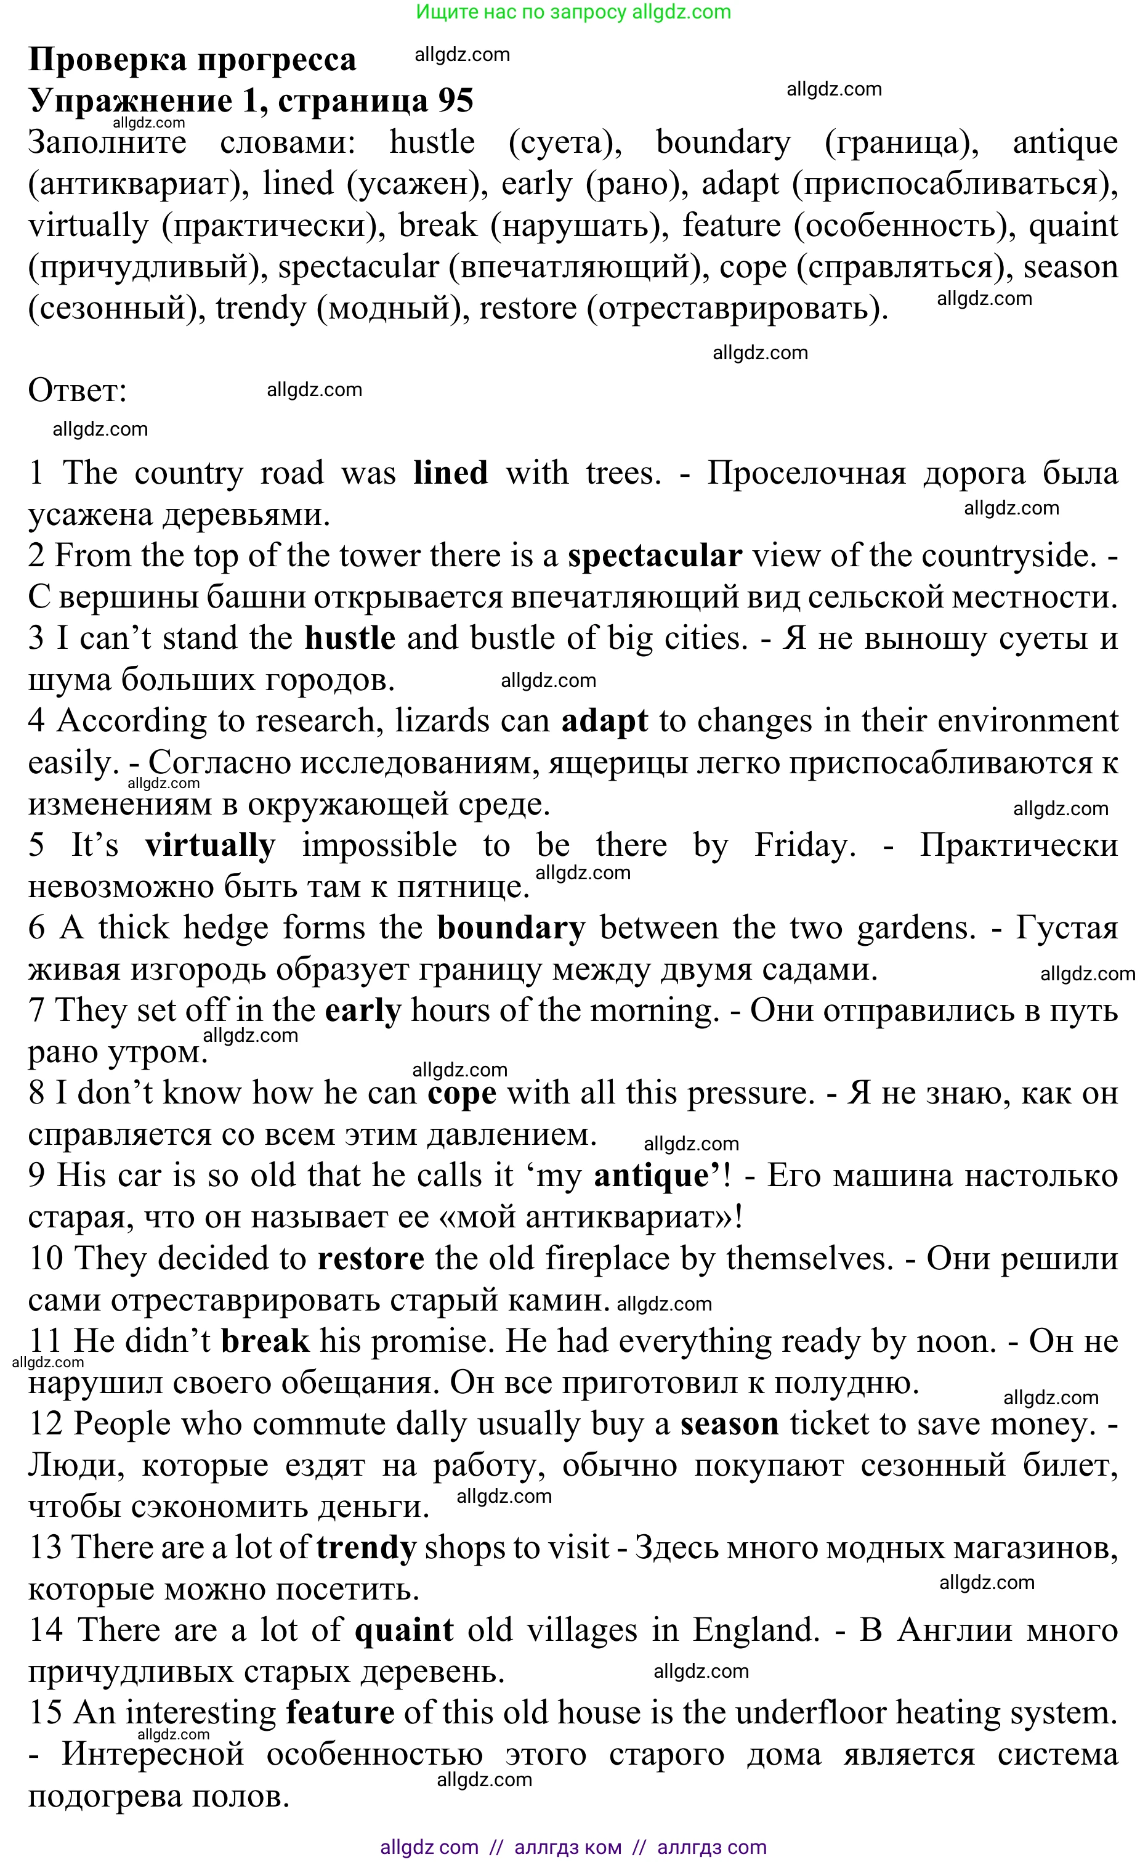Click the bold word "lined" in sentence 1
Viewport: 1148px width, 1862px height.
tap(450, 473)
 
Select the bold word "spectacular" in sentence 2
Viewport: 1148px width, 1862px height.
tap(655, 556)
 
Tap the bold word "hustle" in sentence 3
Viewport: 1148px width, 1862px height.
tap(350, 639)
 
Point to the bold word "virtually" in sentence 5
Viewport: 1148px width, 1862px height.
tap(210, 846)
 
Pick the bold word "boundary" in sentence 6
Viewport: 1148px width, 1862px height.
tap(511, 929)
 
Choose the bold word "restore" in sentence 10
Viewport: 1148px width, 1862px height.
tap(371, 1259)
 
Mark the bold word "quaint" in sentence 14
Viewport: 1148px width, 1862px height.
tap(404, 1630)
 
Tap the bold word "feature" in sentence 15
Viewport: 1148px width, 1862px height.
tap(340, 1713)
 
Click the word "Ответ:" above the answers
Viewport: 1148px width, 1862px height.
tap(78, 391)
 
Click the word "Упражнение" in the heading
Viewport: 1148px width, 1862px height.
tap(130, 101)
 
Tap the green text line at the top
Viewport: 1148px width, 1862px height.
tap(573, 12)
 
